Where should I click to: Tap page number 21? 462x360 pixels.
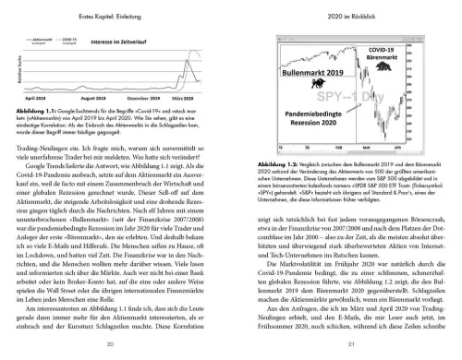click(349, 343)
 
